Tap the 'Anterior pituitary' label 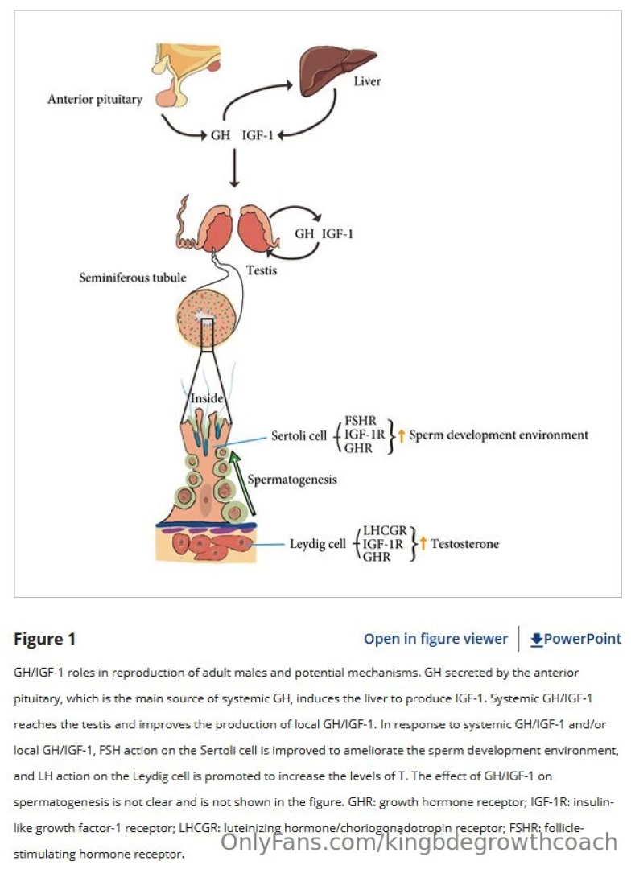(x=94, y=100)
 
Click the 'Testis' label (x=261, y=270)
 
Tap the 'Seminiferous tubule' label (x=132, y=278)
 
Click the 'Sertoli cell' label (x=298, y=435)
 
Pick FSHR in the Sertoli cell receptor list (x=360, y=421)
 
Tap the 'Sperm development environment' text (x=498, y=435)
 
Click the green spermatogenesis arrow (x=242, y=483)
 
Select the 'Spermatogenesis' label (x=292, y=480)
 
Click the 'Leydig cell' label (x=317, y=544)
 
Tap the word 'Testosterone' (x=464, y=544)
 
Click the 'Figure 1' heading (x=45, y=639)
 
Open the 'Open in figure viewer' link (x=435, y=639)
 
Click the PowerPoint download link (x=575, y=639)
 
